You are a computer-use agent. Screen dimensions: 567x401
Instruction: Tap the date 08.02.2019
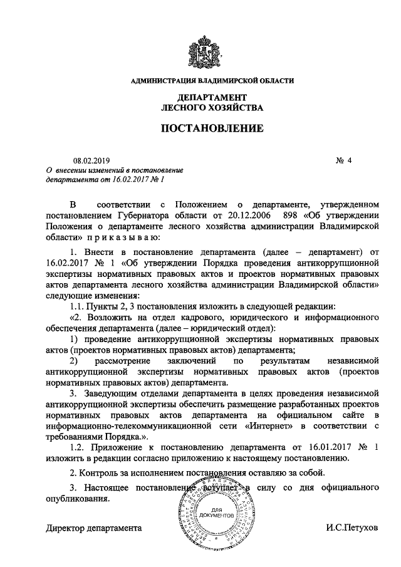click(x=91, y=160)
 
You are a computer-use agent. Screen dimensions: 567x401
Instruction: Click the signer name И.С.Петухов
click(x=352, y=528)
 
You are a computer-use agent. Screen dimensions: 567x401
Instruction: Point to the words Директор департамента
click(x=95, y=528)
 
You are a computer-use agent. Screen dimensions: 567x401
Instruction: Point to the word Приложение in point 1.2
click(x=117, y=447)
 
